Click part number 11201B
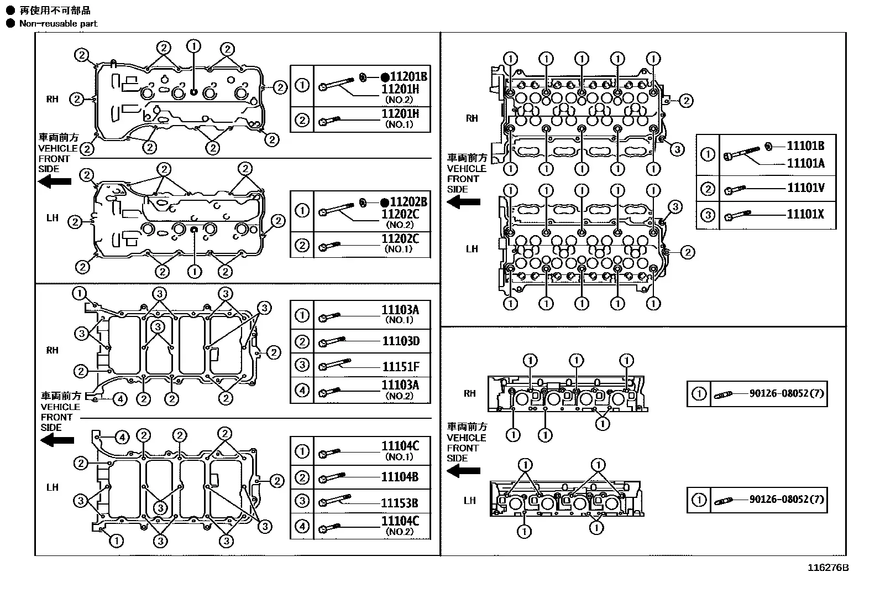point(408,76)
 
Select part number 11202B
point(408,202)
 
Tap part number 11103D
point(401,341)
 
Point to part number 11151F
point(401,367)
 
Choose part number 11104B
point(400,477)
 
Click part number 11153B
point(400,503)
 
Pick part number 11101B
point(805,146)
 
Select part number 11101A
point(805,163)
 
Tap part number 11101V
point(805,188)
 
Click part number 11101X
point(805,214)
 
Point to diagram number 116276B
point(828,568)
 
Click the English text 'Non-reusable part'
point(58,24)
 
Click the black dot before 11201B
point(385,77)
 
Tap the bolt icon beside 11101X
point(737,215)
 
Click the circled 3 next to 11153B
point(302,501)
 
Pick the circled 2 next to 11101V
point(708,189)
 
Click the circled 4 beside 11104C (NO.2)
point(302,526)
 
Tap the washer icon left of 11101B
point(768,147)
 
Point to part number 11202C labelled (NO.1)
point(400,238)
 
